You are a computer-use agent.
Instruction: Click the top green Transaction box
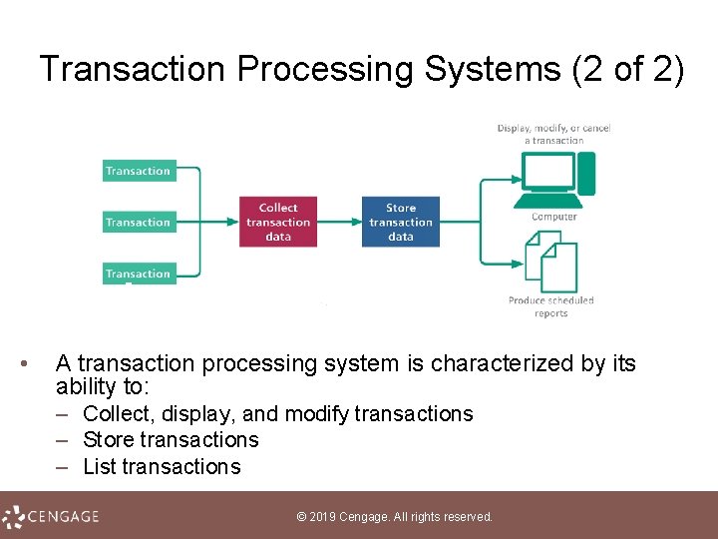tap(139, 171)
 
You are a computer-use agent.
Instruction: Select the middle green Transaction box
tap(139, 222)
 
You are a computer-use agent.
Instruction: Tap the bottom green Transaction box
tap(139, 272)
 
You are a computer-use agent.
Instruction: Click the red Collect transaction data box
tap(278, 222)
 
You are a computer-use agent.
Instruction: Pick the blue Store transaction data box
tap(400, 222)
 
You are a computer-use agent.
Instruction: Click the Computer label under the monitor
tap(553, 217)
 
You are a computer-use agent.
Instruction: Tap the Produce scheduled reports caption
tap(550, 306)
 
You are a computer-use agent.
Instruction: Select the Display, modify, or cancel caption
tap(553, 134)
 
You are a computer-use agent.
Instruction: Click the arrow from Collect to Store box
tap(338, 222)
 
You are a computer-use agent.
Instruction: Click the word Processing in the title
tap(325, 70)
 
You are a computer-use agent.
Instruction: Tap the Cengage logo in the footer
tap(51, 516)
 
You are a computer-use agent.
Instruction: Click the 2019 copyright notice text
tap(395, 517)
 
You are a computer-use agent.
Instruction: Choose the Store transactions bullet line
tap(171, 440)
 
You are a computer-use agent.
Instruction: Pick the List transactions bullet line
tap(162, 466)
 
